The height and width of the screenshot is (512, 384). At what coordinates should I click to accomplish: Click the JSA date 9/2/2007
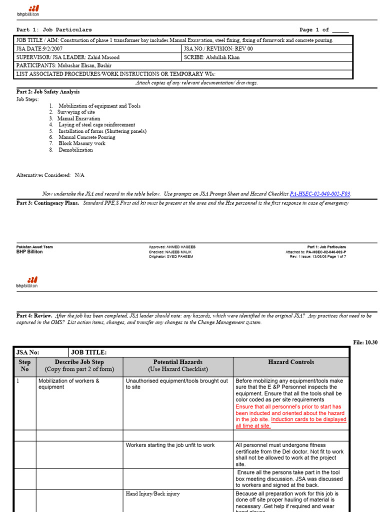coord(46,49)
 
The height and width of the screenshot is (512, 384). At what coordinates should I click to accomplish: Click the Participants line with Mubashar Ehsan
coord(64,65)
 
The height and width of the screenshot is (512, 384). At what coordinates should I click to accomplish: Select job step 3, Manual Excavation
coord(78,119)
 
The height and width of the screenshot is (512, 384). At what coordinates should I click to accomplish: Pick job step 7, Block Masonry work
coord(81,143)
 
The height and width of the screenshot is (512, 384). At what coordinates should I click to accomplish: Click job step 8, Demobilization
coord(75,150)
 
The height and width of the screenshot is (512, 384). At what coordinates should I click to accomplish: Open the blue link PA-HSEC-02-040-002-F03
coord(323,194)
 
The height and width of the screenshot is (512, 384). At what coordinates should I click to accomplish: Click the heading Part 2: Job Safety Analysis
coord(48,92)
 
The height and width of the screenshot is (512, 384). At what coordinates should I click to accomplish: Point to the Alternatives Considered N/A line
coord(50,175)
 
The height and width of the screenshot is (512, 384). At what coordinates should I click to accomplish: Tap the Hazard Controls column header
coord(291,362)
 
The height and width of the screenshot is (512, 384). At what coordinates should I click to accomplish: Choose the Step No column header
coord(24,365)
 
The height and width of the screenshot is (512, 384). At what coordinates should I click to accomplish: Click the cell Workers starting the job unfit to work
coord(170,445)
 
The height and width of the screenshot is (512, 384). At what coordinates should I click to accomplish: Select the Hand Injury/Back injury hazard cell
coord(153,494)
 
